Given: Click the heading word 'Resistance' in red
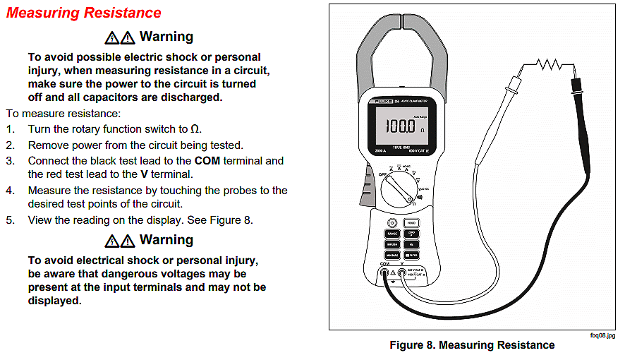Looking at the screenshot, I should tap(123, 13).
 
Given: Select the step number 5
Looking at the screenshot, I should tap(10, 220).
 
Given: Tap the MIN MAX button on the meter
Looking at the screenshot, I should tap(392, 255).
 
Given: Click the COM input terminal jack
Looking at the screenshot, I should tap(385, 273).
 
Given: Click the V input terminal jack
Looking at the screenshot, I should tap(402, 273).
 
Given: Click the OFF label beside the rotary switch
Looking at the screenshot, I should tap(384, 173).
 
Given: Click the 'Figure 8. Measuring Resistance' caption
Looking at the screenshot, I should tap(472, 345).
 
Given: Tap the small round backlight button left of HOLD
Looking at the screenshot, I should tap(392, 222).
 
